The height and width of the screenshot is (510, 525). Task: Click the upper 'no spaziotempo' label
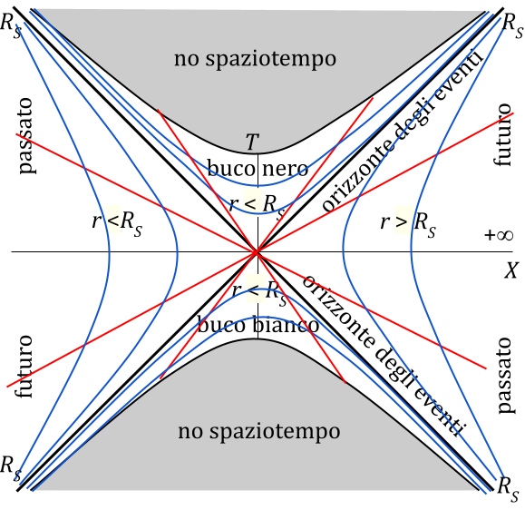[255, 59]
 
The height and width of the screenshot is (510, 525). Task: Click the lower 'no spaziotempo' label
[259, 432]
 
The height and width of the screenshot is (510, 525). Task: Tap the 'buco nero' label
[258, 168]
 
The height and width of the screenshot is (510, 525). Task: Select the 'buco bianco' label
[258, 324]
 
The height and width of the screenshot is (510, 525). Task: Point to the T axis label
[252, 142]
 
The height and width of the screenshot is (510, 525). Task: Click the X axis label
[511, 270]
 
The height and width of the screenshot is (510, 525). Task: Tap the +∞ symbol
[499, 234]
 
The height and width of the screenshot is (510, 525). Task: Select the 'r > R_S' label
[408, 223]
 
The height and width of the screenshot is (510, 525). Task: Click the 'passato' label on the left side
[25, 136]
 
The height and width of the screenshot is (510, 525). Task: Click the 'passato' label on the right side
[504, 376]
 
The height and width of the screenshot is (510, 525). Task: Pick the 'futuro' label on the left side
[24, 367]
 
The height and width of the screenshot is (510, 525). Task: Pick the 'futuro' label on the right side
[502, 135]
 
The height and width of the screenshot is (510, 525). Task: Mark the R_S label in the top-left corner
[11, 25]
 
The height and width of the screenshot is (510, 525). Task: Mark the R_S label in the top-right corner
[513, 27]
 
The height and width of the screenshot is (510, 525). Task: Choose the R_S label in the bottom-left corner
[11, 468]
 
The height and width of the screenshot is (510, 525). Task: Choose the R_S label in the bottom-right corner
[509, 489]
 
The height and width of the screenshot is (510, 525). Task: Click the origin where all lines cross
[257, 251]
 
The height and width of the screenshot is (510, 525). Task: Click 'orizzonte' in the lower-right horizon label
[338, 313]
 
